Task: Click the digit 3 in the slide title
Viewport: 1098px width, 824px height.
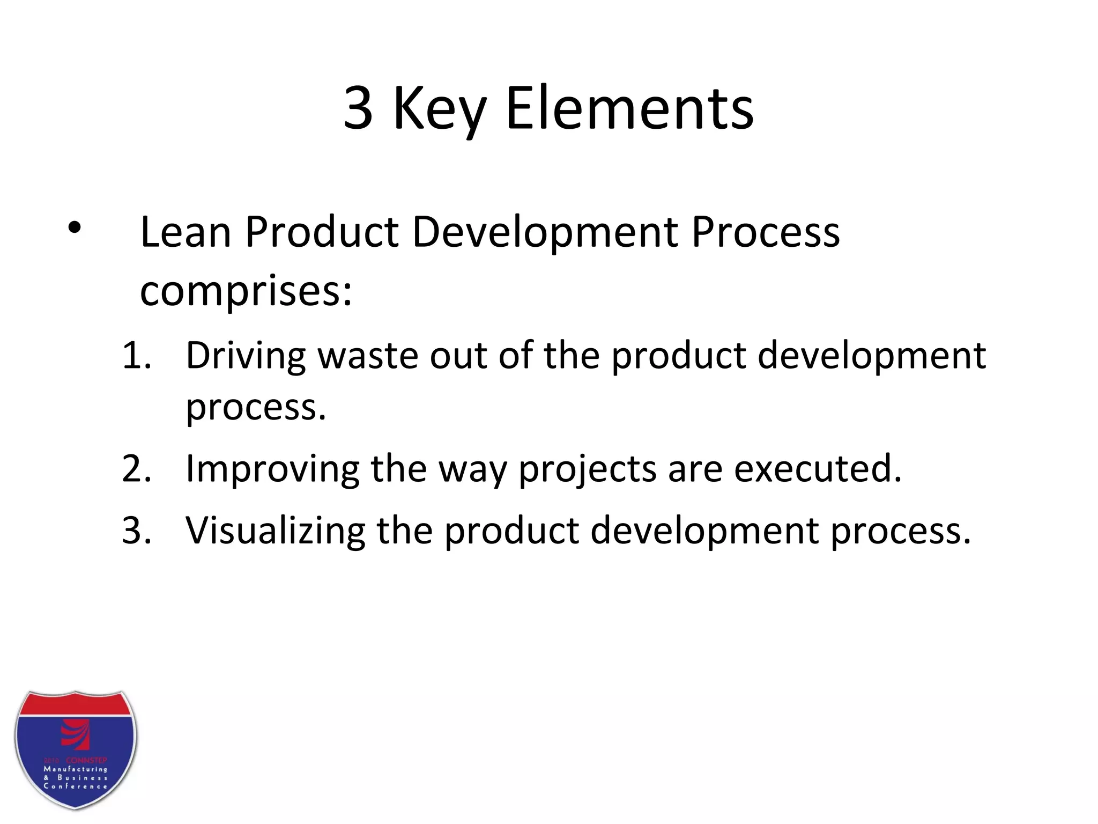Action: (x=358, y=108)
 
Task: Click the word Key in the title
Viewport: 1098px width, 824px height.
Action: (x=440, y=110)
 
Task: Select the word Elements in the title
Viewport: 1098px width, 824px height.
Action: (x=629, y=108)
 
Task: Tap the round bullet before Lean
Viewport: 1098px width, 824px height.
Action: (x=74, y=229)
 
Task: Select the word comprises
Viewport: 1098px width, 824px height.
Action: (x=246, y=292)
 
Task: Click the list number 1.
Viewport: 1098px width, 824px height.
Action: (x=136, y=355)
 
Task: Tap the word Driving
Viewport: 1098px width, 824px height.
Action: (x=246, y=356)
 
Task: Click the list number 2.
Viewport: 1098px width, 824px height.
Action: (x=136, y=469)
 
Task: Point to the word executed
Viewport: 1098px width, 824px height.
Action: (x=817, y=469)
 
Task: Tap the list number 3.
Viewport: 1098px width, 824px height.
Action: (x=136, y=531)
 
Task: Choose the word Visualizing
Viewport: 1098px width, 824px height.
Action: (x=275, y=531)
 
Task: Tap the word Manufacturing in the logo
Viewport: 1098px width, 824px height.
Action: (x=76, y=769)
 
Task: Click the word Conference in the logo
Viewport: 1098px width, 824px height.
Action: (x=76, y=786)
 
